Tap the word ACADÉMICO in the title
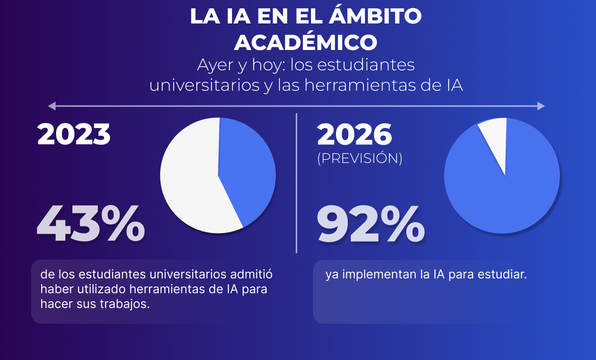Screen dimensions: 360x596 306,42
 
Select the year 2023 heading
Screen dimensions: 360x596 74,134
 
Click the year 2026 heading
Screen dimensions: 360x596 355,135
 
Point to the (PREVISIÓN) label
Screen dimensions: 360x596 360,159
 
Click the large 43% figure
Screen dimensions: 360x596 91,223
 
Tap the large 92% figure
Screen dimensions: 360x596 371,224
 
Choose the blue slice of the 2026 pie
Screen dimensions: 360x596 502,189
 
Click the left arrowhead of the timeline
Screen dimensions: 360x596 51,106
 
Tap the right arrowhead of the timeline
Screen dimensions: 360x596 541,106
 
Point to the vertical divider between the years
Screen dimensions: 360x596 296,184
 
